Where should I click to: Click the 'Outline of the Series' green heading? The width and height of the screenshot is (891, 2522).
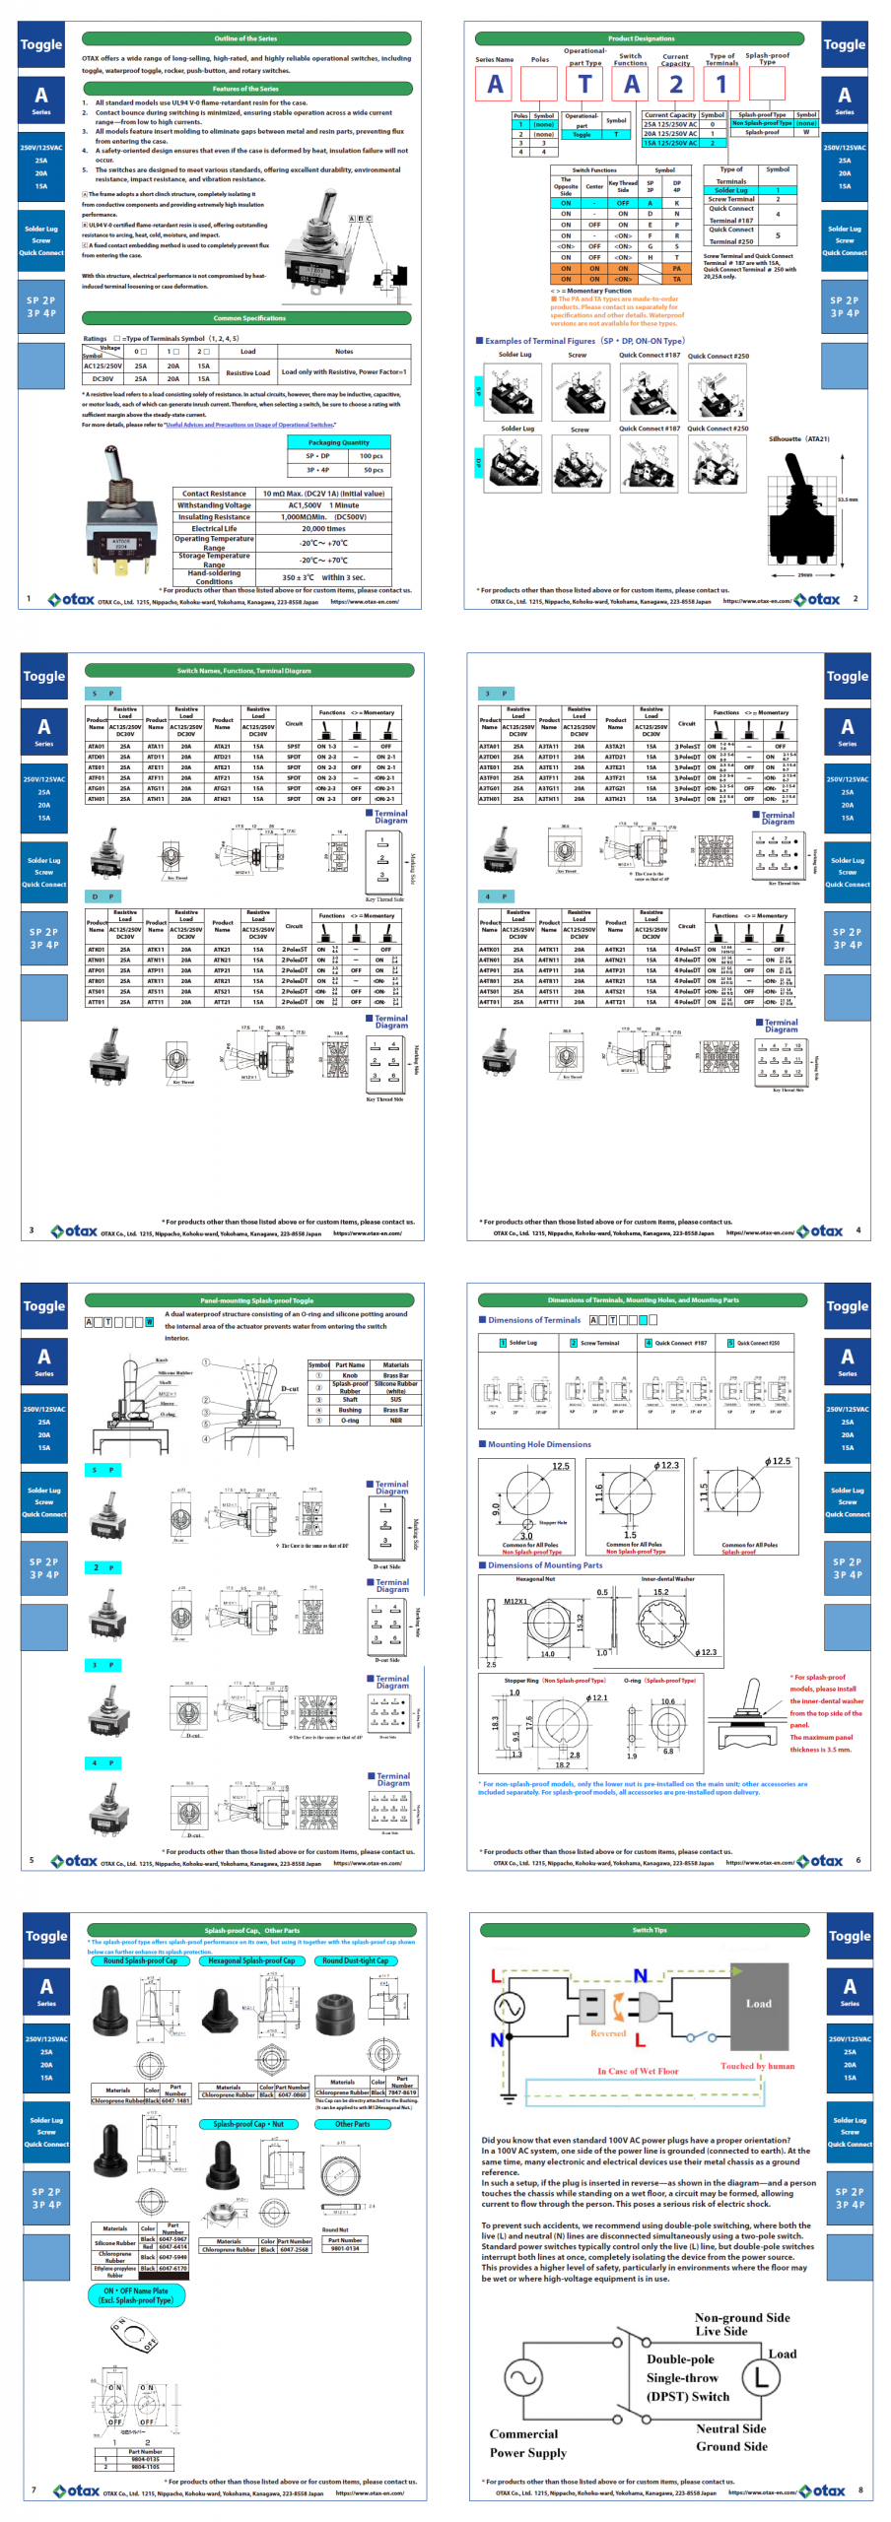(x=245, y=38)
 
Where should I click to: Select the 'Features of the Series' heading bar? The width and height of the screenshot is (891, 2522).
(x=245, y=89)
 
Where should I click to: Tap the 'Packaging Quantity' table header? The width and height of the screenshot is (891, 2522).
(x=338, y=442)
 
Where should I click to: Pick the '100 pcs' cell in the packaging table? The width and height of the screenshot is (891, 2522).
(x=371, y=456)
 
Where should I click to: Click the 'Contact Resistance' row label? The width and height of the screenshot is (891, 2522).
(x=214, y=494)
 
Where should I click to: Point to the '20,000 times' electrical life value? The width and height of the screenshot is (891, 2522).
(x=323, y=528)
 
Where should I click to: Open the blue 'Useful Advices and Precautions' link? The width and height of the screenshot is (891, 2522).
(x=249, y=426)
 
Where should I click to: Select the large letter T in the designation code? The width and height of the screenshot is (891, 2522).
(x=585, y=85)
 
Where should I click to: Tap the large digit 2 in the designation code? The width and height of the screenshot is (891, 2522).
(x=676, y=85)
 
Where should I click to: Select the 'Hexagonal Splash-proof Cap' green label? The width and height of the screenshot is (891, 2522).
(x=251, y=1960)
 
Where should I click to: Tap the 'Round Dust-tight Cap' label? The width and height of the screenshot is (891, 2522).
(x=355, y=1960)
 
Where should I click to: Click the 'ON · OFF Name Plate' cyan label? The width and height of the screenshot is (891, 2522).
(x=137, y=2294)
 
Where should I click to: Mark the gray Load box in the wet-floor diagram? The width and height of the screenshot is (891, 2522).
(x=758, y=2003)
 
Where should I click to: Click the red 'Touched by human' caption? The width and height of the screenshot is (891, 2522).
(x=757, y=2065)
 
